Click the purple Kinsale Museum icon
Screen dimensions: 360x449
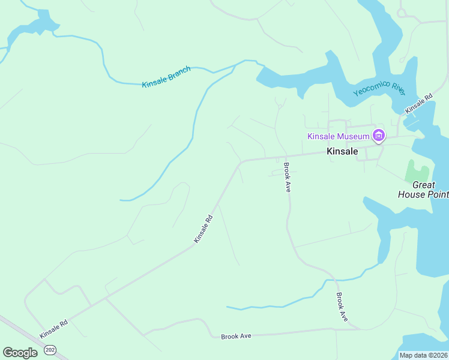[379, 136]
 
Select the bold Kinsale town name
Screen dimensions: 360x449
[342, 152]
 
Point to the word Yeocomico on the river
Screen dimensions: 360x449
[372, 89]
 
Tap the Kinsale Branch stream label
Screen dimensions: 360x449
[166, 77]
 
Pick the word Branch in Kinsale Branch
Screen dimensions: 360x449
[179, 73]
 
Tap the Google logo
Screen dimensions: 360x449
[20, 353]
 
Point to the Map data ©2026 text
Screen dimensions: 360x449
[423, 355]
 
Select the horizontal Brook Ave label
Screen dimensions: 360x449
[236, 336]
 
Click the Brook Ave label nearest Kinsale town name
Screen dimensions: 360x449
[288, 178]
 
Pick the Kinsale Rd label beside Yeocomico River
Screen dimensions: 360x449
[418, 104]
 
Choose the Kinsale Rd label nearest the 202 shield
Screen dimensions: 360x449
[54, 328]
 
